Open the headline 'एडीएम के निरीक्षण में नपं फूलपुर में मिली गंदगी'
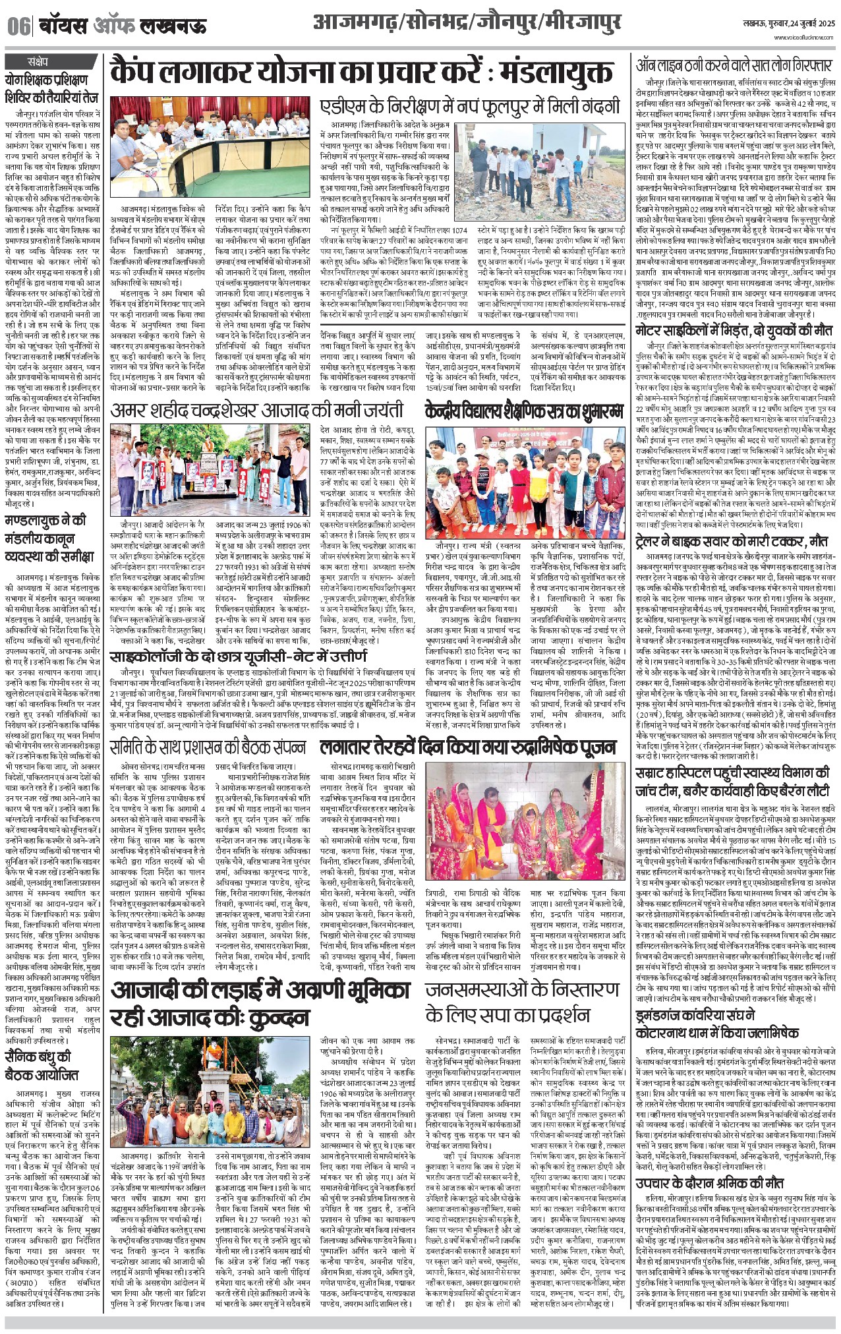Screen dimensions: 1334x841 click(x=470, y=106)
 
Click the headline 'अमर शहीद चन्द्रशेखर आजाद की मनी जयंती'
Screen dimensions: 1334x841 click(x=257, y=411)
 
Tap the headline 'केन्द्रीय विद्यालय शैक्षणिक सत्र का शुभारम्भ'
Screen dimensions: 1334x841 click(x=524, y=410)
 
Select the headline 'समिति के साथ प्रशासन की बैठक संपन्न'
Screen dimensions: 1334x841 click(x=208, y=747)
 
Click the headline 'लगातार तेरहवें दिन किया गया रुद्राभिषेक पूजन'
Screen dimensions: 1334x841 click(x=468, y=747)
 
